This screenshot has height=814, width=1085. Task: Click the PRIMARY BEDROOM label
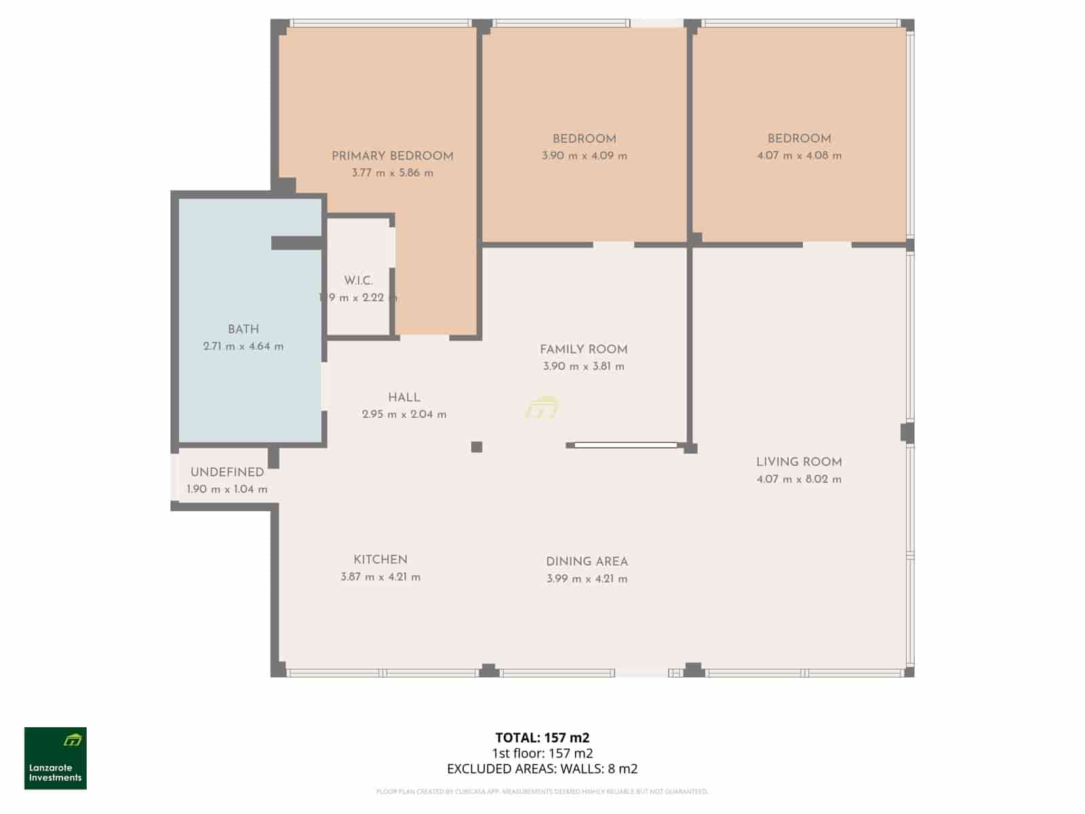click(x=392, y=156)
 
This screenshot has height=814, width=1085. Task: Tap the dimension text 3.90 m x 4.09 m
click(x=584, y=156)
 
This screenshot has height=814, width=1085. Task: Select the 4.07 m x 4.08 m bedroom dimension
click(x=799, y=155)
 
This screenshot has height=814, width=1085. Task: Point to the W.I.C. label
click(x=358, y=280)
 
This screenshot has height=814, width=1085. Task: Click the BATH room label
click(x=243, y=330)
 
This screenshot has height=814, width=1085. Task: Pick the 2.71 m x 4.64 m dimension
click(x=243, y=347)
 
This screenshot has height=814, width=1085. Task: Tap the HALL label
click(x=404, y=398)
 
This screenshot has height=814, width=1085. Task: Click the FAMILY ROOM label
click(x=583, y=349)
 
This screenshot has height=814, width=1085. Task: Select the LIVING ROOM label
click(x=799, y=462)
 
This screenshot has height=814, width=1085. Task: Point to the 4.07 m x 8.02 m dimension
click(x=799, y=479)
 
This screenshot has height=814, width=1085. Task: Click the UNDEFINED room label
click(x=227, y=472)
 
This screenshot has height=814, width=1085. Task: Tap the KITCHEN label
click(x=380, y=560)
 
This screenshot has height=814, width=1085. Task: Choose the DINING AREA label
click(x=587, y=562)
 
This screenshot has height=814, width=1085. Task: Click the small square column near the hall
click(x=477, y=446)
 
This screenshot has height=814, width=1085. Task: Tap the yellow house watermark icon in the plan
click(x=542, y=407)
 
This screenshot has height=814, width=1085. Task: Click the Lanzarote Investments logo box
click(x=56, y=758)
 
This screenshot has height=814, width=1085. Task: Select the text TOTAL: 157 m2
click(x=542, y=737)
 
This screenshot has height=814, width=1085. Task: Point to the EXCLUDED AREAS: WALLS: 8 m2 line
click(x=542, y=769)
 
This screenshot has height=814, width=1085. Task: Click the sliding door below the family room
click(x=625, y=445)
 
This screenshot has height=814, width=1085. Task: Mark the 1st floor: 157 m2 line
click(x=542, y=753)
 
